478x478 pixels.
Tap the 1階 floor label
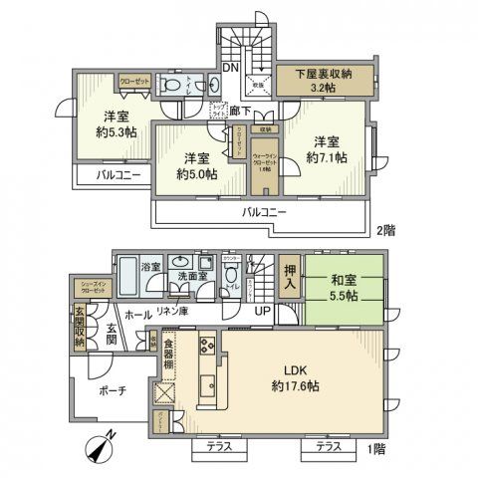pyautogui.click(x=375, y=450)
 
